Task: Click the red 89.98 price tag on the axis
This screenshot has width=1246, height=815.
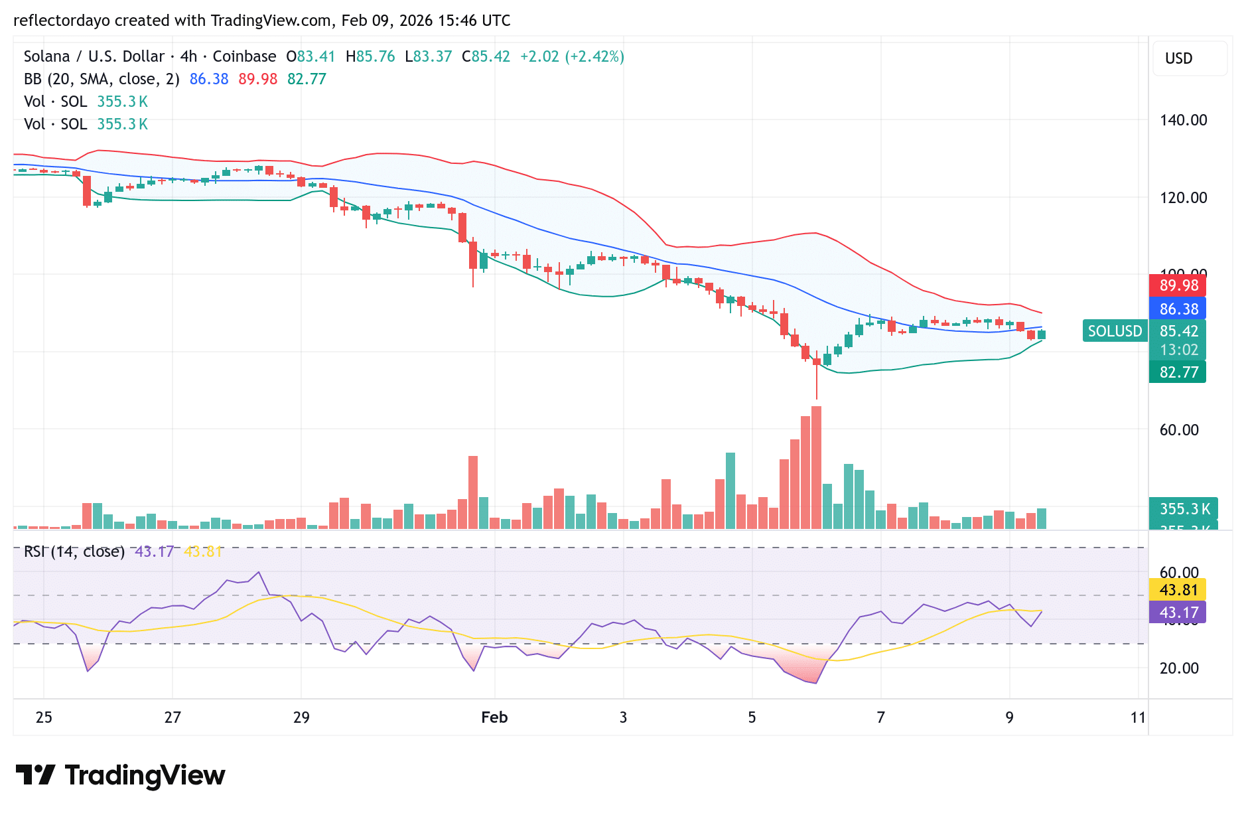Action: (x=1178, y=285)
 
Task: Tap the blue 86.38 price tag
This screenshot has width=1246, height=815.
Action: (x=1178, y=309)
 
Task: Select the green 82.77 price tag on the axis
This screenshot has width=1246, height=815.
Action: (x=1178, y=372)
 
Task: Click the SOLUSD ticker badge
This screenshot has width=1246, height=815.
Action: (x=1115, y=331)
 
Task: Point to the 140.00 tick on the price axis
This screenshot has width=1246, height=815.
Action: (x=1183, y=120)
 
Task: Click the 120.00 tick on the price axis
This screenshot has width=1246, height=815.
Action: (x=1183, y=198)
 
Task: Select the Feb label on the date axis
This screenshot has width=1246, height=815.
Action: (x=494, y=717)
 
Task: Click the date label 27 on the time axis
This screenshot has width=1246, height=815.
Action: (x=173, y=717)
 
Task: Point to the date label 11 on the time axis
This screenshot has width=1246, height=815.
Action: (x=1138, y=717)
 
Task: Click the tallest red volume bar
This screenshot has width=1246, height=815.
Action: (x=816, y=467)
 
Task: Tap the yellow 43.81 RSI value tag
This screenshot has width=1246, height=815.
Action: (x=1178, y=590)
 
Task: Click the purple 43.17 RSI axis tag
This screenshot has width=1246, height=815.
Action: (x=1178, y=612)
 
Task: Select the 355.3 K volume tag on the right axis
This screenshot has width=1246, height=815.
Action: (x=1184, y=509)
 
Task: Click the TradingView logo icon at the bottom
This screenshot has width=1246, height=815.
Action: (x=35, y=775)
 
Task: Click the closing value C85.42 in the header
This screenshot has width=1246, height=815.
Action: (x=486, y=56)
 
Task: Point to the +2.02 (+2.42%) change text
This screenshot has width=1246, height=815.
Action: (x=572, y=56)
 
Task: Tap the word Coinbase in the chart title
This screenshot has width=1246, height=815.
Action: (x=244, y=56)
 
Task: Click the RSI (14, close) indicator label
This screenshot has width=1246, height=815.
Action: (x=74, y=552)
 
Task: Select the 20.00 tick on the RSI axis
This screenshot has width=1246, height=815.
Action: (x=1179, y=668)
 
